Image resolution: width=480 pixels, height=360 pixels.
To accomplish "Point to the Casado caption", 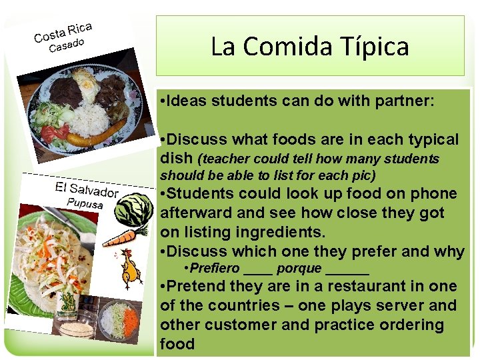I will (x=67, y=45).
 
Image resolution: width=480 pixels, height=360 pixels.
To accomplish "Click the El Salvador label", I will (x=86, y=189).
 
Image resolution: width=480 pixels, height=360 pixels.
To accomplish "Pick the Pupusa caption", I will (x=85, y=202).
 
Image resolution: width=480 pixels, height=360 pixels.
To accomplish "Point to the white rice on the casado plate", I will (x=89, y=119).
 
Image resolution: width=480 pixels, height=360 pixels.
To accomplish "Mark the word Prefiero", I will (x=215, y=269).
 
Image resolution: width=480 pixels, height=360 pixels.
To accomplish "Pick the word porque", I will (x=299, y=269).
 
